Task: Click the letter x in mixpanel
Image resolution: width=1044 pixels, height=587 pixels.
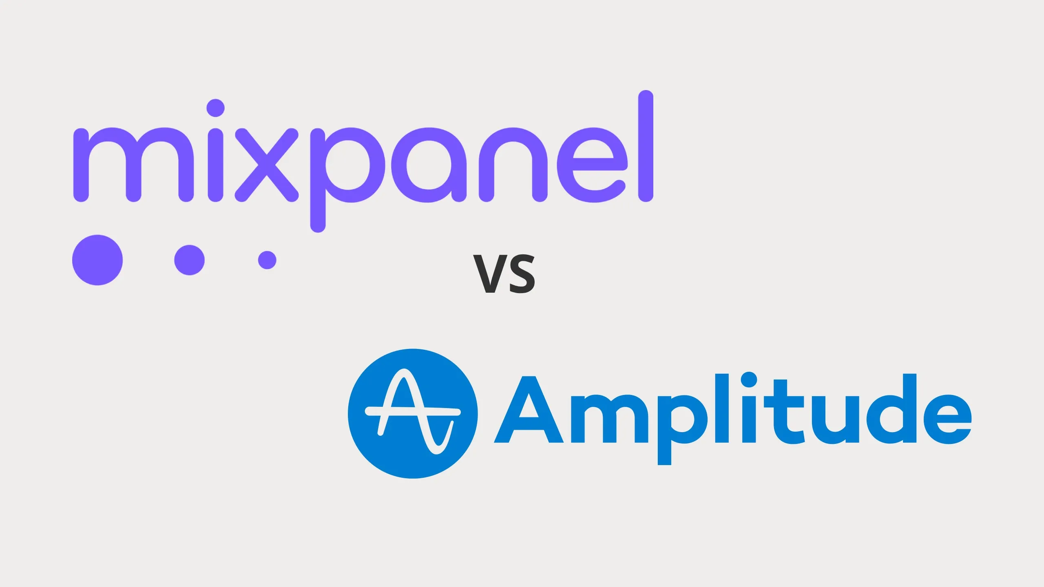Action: (x=267, y=166)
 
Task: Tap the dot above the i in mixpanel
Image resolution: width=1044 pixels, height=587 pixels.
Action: (x=215, y=108)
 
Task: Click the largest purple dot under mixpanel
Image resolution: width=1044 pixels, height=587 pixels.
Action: (x=97, y=260)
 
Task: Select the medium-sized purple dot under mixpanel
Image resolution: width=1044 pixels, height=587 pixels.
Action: (x=189, y=260)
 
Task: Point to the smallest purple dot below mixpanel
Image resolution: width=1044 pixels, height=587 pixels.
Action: (x=267, y=260)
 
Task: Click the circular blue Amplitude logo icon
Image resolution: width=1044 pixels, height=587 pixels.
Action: (x=413, y=413)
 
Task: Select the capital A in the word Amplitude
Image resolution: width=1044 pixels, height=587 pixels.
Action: (x=529, y=410)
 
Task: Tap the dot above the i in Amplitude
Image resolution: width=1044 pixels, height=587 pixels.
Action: (x=749, y=380)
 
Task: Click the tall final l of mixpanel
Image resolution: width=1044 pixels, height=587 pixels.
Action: (x=646, y=146)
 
